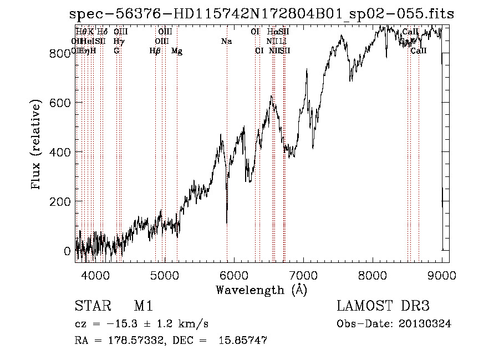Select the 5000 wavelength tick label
[165, 275]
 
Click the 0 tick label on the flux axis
[67, 251]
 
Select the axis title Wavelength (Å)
[261, 290]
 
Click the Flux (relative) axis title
[37, 145]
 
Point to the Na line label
[226, 41]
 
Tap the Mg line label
[177, 51]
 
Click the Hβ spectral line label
[155, 51]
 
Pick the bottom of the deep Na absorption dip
[227, 222]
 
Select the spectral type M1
[143, 306]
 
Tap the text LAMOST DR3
[383, 306]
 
